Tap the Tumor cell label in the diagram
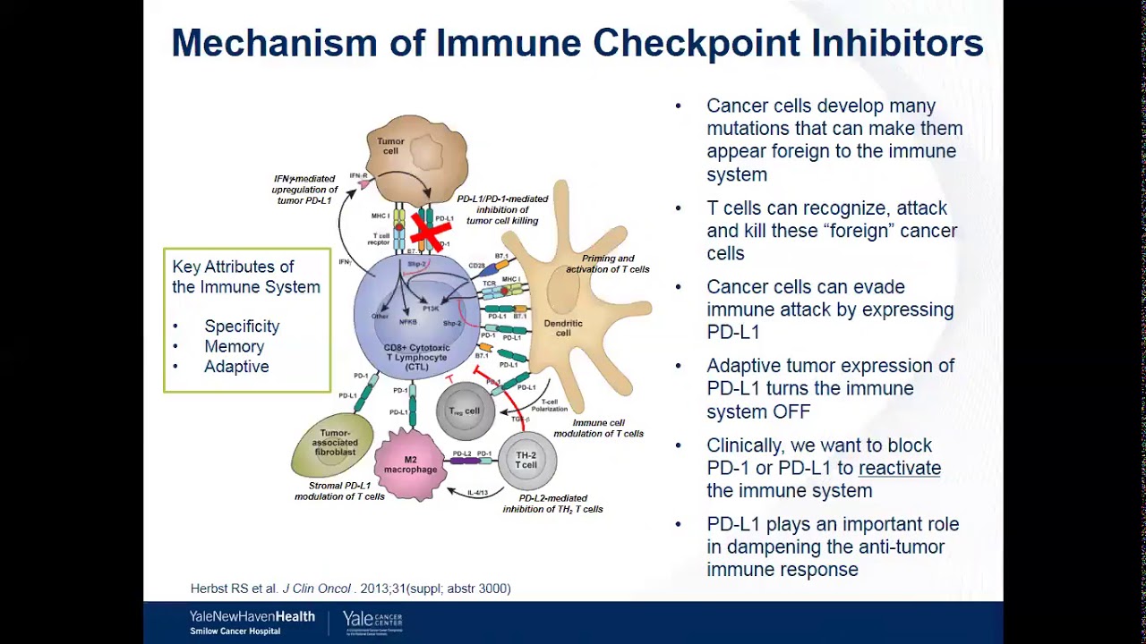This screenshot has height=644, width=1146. pos(390,146)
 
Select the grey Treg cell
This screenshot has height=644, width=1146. pos(465,411)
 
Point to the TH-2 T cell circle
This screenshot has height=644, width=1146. pos(526,460)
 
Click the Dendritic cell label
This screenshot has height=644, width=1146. pos(563,328)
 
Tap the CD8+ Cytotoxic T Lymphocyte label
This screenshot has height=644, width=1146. pos(416,357)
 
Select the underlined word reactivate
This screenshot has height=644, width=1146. pos(899,468)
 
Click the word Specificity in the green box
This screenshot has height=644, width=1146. pos(242,326)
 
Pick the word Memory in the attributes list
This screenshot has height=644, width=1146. pos(234,346)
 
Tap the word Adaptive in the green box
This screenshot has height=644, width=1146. pos(236,367)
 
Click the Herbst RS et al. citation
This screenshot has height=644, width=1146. pos(350,589)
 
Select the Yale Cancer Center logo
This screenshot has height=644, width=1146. pos(372,623)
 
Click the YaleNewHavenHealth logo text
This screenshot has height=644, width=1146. pos(252,617)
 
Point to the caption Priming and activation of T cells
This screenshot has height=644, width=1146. pos(607,264)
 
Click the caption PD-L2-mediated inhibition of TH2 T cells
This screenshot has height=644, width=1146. pos(552,504)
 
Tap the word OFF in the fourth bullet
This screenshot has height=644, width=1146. pos(791,411)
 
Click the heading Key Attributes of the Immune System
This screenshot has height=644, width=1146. pos(245,277)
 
